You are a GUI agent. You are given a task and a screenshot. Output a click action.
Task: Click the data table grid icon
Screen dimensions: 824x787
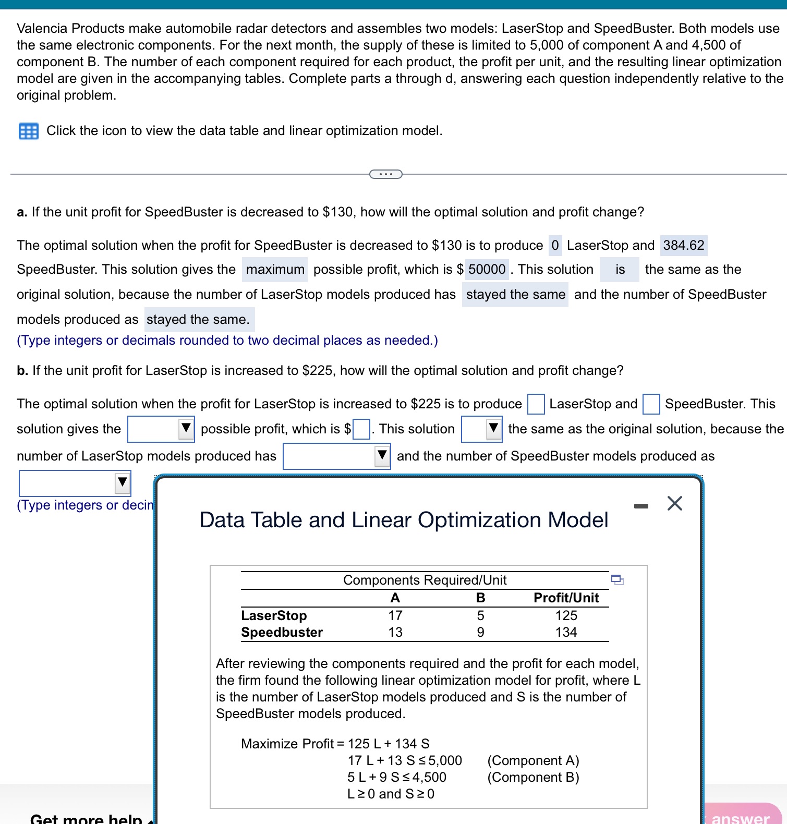[28, 131]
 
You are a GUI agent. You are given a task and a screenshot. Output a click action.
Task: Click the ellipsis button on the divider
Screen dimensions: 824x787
[385, 174]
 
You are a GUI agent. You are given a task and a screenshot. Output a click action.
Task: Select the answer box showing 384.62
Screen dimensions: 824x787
[683, 245]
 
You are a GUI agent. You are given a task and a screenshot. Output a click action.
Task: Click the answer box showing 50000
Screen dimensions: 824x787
[487, 270]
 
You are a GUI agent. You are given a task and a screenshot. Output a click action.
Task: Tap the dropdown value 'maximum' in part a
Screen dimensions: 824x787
[275, 270]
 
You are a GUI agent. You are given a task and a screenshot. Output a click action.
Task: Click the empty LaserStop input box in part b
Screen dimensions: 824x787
[536, 404]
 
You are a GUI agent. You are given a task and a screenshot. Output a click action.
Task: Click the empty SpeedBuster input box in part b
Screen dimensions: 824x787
[651, 404]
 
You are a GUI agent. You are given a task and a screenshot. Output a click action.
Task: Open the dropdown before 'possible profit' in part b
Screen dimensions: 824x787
[161, 429]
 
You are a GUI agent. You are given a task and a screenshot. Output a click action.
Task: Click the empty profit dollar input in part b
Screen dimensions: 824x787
[361, 430]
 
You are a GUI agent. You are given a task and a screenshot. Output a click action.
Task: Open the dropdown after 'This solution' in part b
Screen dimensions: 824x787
[482, 429]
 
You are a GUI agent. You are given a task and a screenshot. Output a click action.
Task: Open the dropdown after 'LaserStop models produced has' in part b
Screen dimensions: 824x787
[337, 456]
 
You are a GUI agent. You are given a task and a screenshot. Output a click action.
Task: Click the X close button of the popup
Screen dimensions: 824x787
[674, 504]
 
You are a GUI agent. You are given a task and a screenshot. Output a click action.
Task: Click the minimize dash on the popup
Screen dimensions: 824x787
[641, 506]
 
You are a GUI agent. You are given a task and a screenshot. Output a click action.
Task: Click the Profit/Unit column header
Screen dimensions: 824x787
[566, 598]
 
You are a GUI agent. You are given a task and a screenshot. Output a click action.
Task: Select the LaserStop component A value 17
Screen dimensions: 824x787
[395, 616]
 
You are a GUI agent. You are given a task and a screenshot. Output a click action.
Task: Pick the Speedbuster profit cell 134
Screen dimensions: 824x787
[566, 633]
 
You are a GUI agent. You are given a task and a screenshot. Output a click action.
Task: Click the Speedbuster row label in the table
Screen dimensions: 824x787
[282, 633]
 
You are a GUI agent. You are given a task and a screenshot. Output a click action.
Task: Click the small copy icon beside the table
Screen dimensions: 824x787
[617, 580]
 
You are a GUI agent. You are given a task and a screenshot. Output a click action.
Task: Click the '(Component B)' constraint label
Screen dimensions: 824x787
[533, 778]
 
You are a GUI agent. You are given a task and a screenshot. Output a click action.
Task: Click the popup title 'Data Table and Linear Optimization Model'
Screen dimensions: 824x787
[404, 520]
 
